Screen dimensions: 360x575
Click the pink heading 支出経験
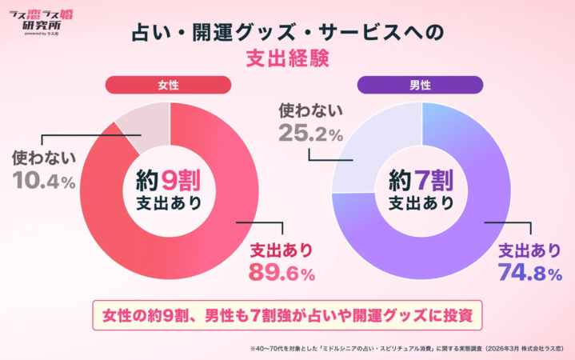tap(286, 59)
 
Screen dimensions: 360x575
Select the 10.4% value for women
tap(44, 182)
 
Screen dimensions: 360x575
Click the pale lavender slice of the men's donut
tap(376, 144)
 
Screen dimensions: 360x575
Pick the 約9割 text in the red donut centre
tap(169, 178)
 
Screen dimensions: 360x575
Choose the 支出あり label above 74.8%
tap(529, 248)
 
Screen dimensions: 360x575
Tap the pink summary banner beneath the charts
tap(287, 314)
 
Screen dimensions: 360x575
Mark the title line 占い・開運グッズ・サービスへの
tap(286, 33)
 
